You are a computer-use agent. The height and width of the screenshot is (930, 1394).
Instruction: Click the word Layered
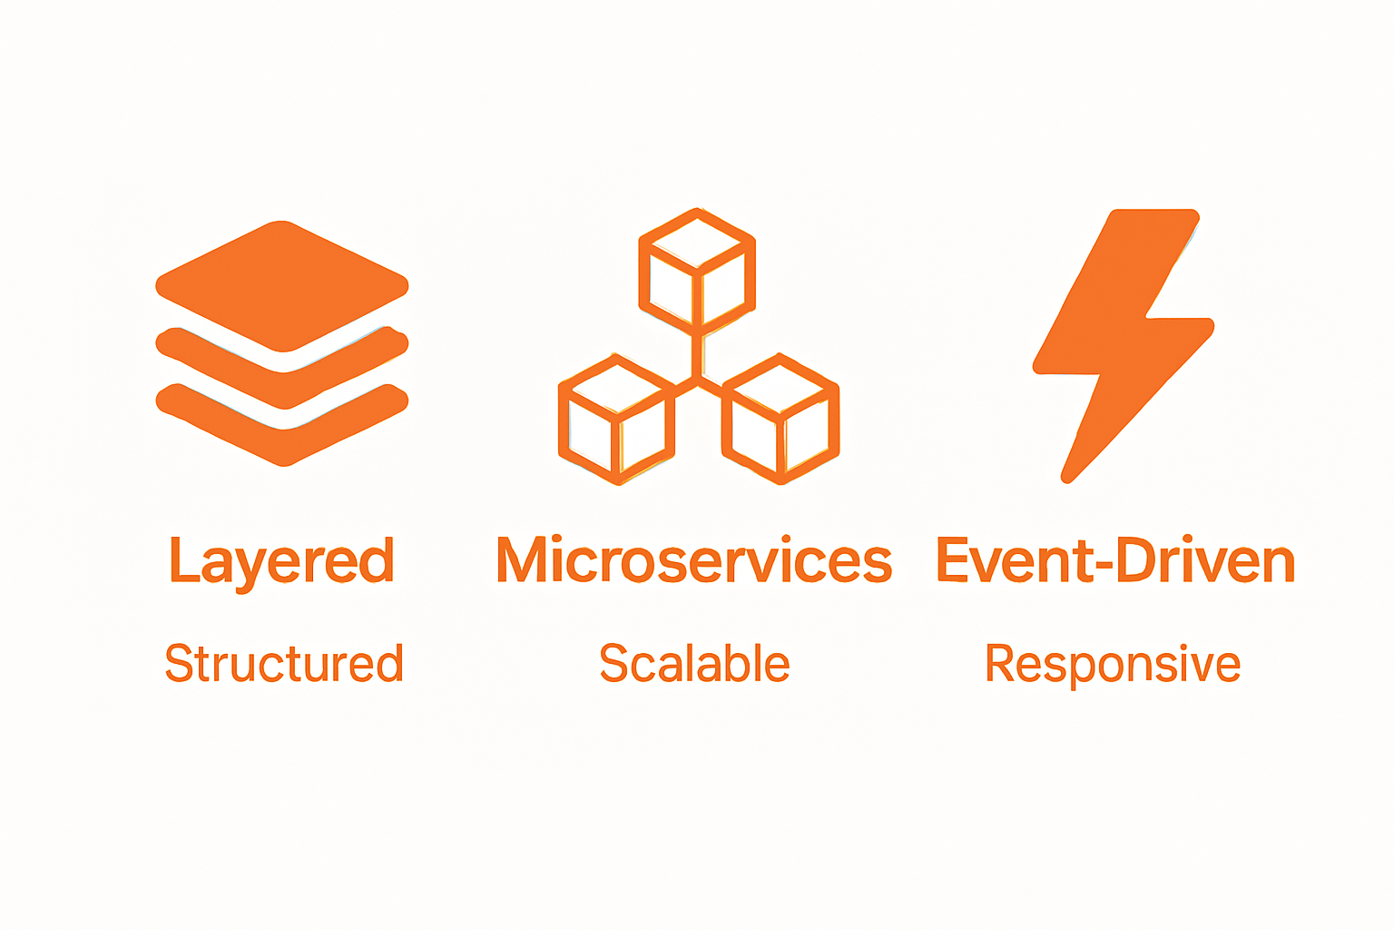[x=281, y=560]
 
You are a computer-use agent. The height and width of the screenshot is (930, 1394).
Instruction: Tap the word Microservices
[x=694, y=560]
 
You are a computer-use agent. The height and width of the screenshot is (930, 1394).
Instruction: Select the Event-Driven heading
[x=1115, y=560]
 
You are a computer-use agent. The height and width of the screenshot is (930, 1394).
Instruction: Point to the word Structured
[x=284, y=663]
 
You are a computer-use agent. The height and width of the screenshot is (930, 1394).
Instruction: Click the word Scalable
[x=694, y=663]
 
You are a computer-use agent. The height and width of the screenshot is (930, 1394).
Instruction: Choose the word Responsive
[x=1113, y=663]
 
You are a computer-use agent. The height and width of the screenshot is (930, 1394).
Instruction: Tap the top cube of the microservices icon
[x=697, y=269]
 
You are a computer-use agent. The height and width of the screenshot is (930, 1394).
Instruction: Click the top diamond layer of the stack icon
[x=282, y=284]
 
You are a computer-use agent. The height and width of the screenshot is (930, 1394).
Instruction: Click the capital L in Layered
[x=183, y=559]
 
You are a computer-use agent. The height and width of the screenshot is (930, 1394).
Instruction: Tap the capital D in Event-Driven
[x=1135, y=559]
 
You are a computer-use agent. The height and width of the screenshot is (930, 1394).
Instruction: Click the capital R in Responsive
[x=1001, y=663]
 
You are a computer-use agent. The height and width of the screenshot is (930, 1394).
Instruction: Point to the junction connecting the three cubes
[x=697, y=376]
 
